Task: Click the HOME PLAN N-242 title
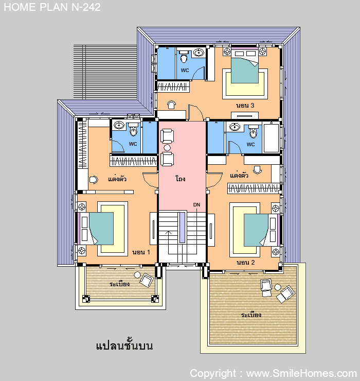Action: (52, 7)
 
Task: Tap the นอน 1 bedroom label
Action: (141, 252)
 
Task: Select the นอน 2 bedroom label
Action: (246, 263)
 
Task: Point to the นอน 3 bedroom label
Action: (245, 106)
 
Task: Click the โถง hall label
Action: (181, 179)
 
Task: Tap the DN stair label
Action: (196, 205)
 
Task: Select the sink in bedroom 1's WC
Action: (119, 125)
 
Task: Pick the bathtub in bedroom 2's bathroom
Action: (272, 138)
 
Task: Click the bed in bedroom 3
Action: (245, 66)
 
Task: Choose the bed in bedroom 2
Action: (262, 230)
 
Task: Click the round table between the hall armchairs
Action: (167, 147)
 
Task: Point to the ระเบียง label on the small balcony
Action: (119, 284)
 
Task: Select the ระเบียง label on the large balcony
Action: (251, 315)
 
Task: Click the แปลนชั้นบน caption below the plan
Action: (124, 345)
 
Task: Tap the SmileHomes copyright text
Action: (273, 373)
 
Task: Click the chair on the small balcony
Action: (147, 280)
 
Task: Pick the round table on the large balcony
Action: (278, 287)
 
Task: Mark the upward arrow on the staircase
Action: (169, 243)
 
